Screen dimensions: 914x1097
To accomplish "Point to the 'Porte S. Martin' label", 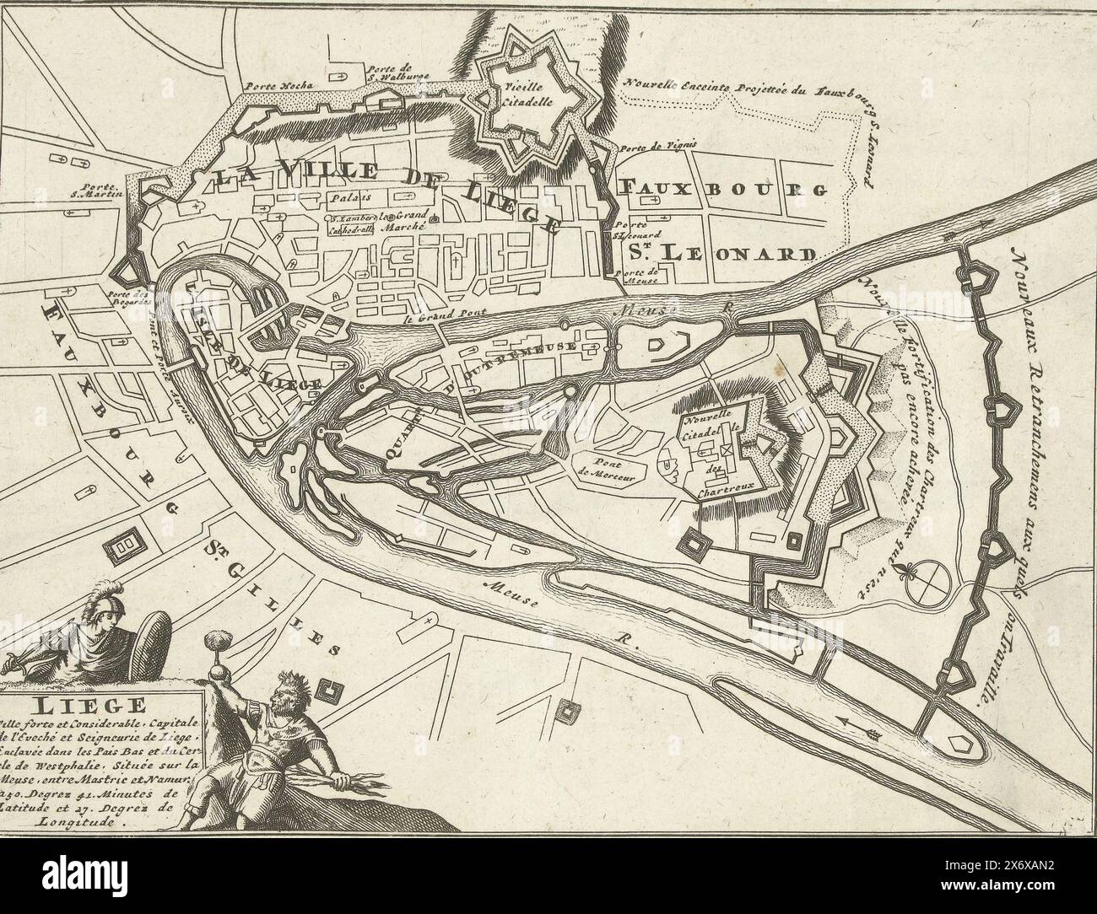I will tap(100, 192).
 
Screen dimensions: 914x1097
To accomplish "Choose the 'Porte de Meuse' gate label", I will tap(640, 277).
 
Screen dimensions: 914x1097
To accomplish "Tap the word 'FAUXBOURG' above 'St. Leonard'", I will tap(721, 188).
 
